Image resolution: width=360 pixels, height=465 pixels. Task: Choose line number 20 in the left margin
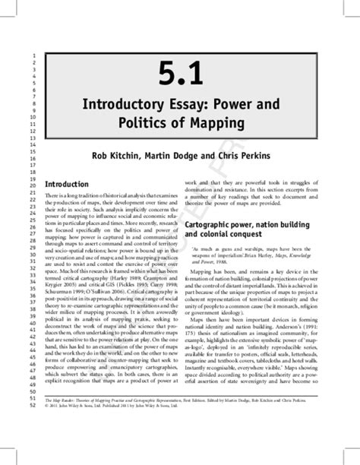(33, 185)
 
